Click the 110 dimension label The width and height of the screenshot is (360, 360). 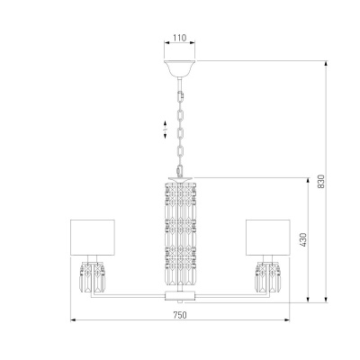(180, 38)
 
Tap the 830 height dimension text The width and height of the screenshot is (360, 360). (321, 181)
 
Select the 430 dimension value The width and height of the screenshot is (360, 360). (303, 239)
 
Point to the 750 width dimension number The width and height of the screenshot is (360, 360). (180, 315)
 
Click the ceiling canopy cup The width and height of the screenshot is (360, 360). (179, 68)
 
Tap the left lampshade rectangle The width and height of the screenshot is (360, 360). (93, 238)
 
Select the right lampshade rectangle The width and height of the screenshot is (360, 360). (268, 238)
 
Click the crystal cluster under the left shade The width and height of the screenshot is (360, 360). (92, 276)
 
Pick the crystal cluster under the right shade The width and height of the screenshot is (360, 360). (268, 276)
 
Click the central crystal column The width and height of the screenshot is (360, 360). (180, 233)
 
